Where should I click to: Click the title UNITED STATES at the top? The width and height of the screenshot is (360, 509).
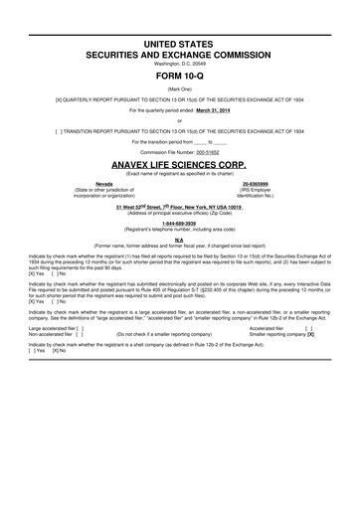pyautogui.click(x=179, y=46)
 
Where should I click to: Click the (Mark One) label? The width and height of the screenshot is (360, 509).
pyautogui.click(x=179, y=87)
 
